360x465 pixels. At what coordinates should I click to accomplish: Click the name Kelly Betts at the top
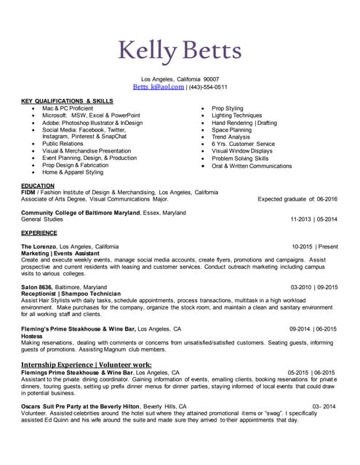180,52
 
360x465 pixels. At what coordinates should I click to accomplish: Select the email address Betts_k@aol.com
159,86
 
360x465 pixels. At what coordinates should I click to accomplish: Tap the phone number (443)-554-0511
208,86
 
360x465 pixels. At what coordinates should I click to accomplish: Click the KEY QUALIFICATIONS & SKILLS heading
67,101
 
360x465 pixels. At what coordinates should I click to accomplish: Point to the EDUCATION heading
38,185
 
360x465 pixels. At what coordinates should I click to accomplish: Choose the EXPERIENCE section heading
39,233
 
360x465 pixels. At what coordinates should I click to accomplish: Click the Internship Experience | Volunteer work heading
86,364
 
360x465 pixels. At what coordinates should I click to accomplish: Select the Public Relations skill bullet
63,144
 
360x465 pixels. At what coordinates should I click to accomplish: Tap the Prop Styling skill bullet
228,108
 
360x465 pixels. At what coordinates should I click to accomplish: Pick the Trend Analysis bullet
231,137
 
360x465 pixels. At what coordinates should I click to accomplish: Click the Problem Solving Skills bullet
240,158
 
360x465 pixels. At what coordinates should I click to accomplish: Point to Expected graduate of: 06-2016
297,198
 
